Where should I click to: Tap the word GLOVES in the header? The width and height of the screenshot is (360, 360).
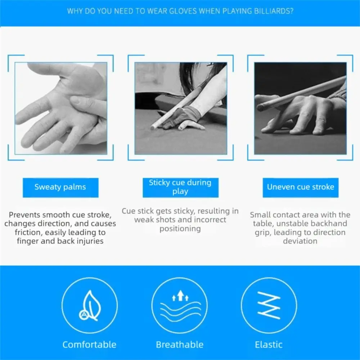click(183, 11)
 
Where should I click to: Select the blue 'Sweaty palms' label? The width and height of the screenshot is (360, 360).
click(60, 187)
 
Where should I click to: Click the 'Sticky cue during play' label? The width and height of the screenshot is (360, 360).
click(180, 187)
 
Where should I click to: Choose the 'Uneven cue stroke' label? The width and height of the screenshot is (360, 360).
click(300, 187)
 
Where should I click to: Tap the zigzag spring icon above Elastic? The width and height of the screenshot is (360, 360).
click(269, 305)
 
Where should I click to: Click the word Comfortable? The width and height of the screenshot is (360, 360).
click(89, 345)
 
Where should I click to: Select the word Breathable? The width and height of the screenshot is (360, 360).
click(180, 345)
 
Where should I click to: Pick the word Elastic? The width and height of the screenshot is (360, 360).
click(269, 345)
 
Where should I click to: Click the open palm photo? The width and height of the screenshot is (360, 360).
click(61, 108)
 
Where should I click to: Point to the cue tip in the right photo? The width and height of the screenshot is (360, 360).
click(260, 107)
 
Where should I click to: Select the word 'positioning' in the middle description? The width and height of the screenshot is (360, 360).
click(180, 229)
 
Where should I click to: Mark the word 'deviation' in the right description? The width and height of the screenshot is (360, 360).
click(300, 241)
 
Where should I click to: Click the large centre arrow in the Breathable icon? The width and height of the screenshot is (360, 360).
click(180, 295)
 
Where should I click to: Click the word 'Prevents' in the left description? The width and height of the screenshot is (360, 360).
click(24, 215)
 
